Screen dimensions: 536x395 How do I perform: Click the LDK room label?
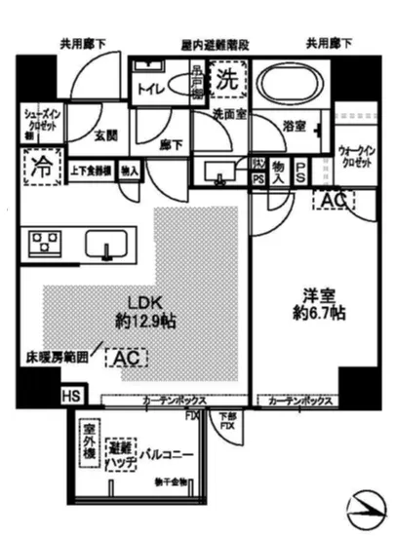click(133, 308)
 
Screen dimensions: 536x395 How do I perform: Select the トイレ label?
click(152, 87)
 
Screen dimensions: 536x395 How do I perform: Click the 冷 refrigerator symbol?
click(40, 167)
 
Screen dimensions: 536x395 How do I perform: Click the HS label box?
click(71, 396)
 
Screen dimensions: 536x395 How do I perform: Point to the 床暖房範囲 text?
click(56, 359)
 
